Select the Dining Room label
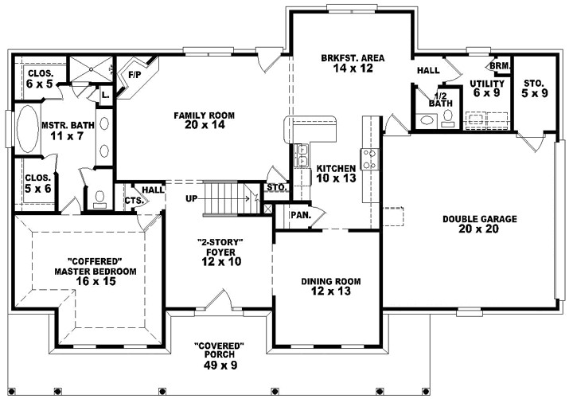[331, 287]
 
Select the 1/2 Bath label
[440, 98]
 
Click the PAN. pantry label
[300, 215]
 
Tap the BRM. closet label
[500, 65]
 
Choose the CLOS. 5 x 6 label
[38, 182]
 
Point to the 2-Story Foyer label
[220, 251]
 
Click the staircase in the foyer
[228, 197]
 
